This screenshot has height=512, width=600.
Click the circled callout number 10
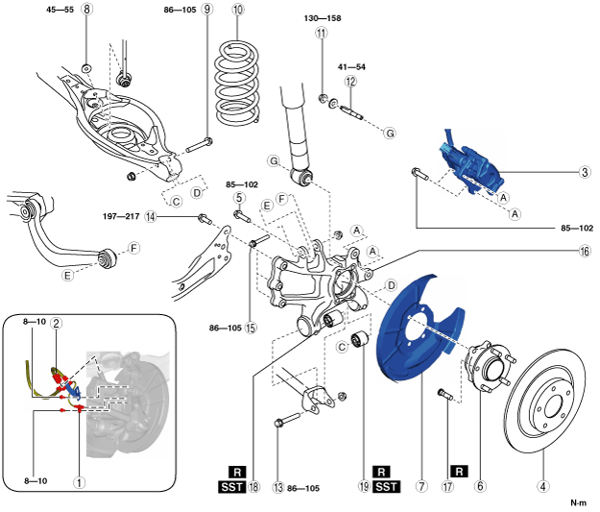tap(238, 10)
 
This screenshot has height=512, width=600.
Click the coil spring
tap(236, 84)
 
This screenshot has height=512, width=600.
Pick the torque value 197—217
tap(121, 217)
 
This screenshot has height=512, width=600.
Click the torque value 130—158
tap(323, 18)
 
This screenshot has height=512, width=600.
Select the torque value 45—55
tap(60, 10)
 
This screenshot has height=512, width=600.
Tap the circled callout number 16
tap(585, 252)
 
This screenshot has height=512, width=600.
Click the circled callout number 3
tap(585, 172)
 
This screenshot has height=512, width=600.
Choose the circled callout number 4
tap(542, 486)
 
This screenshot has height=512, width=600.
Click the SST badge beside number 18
tap(232, 487)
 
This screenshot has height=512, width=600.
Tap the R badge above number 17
tap(459, 472)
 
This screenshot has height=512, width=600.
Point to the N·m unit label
tap(578, 502)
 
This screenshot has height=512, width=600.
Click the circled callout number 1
tap(80, 482)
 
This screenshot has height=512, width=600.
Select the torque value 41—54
tap(351, 67)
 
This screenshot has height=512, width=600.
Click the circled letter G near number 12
tap(390, 134)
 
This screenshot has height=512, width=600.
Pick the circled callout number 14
tap(151, 217)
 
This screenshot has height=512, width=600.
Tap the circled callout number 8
tap(86, 9)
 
